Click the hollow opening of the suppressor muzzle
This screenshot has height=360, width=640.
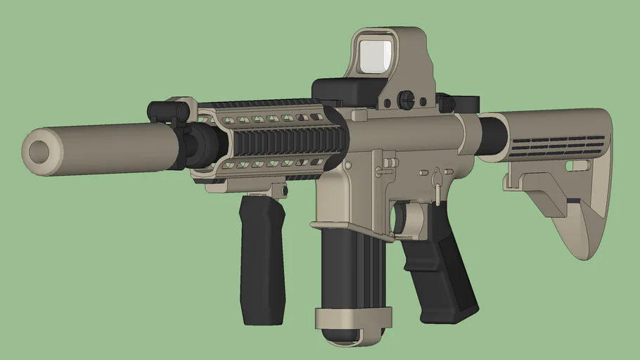pyautogui.click(x=39, y=150)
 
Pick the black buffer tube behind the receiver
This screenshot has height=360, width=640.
pyautogui.click(x=492, y=135)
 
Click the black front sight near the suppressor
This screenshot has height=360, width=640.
pyautogui.click(x=169, y=110)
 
